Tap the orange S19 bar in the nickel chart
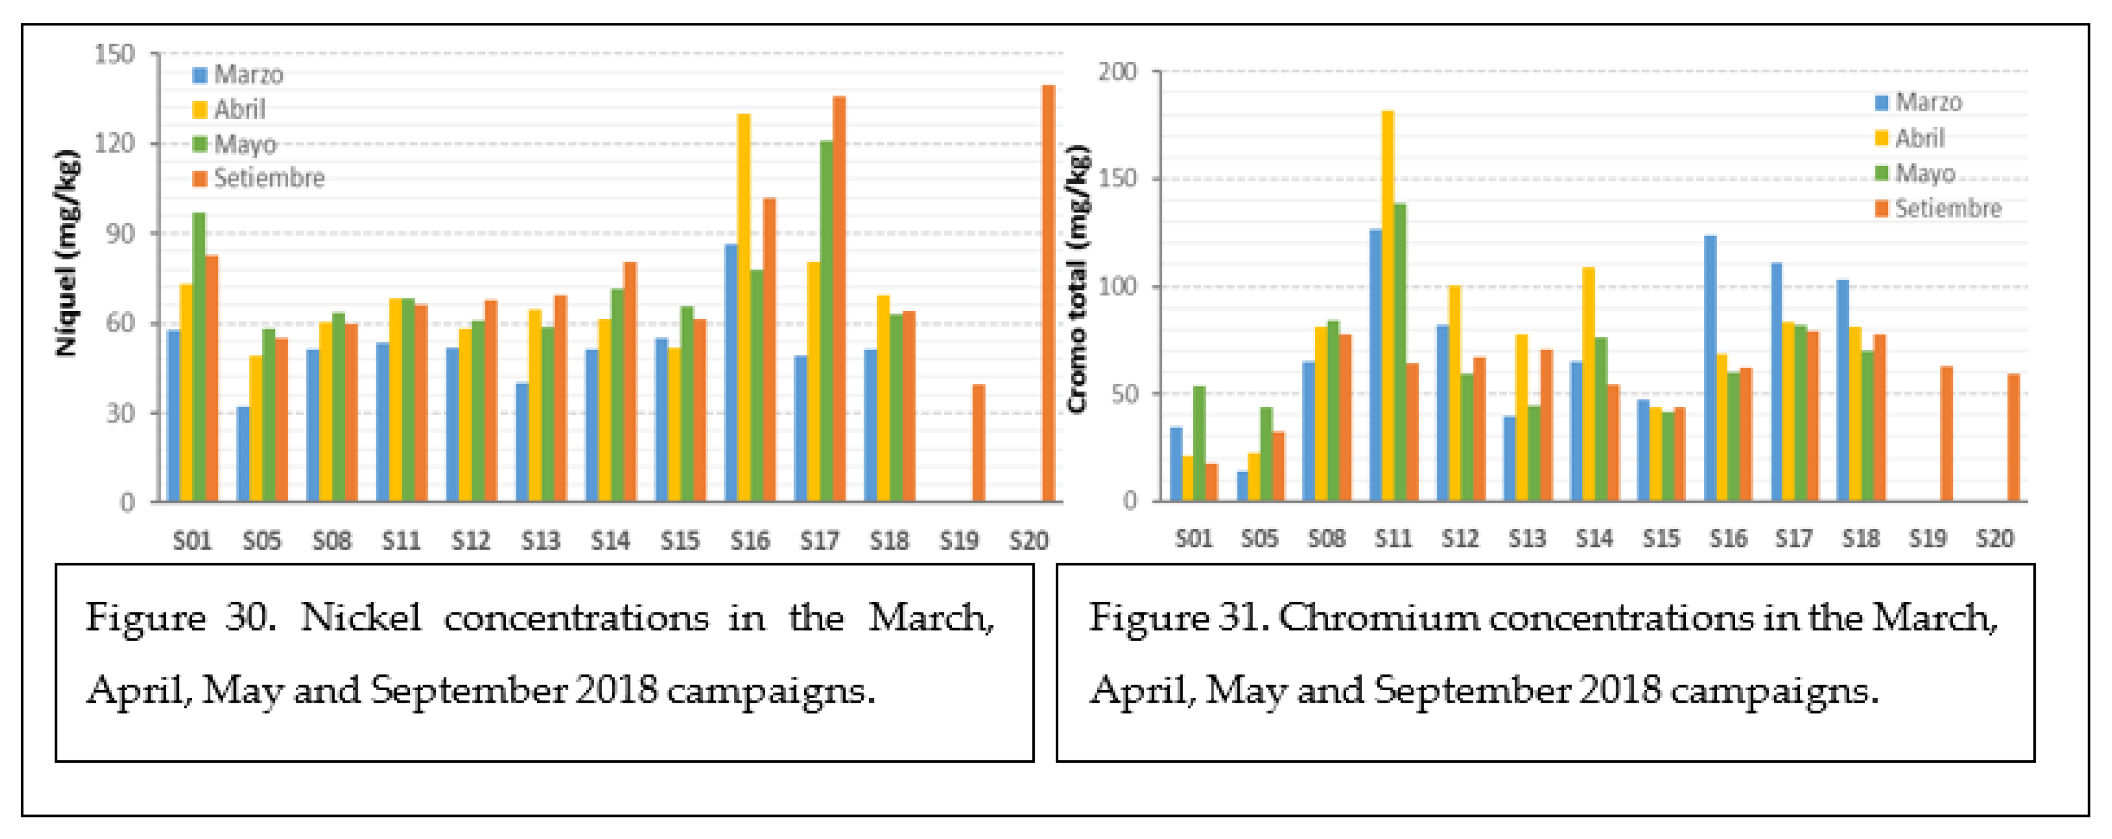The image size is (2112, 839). (978, 443)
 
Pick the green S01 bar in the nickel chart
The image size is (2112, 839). (199, 357)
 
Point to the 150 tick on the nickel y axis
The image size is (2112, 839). (115, 55)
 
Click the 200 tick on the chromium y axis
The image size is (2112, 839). (1118, 72)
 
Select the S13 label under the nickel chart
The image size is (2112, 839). (540, 541)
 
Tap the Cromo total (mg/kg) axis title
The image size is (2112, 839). (1078, 279)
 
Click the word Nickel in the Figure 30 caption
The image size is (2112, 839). (361, 617)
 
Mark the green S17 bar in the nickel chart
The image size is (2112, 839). (826, 321)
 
